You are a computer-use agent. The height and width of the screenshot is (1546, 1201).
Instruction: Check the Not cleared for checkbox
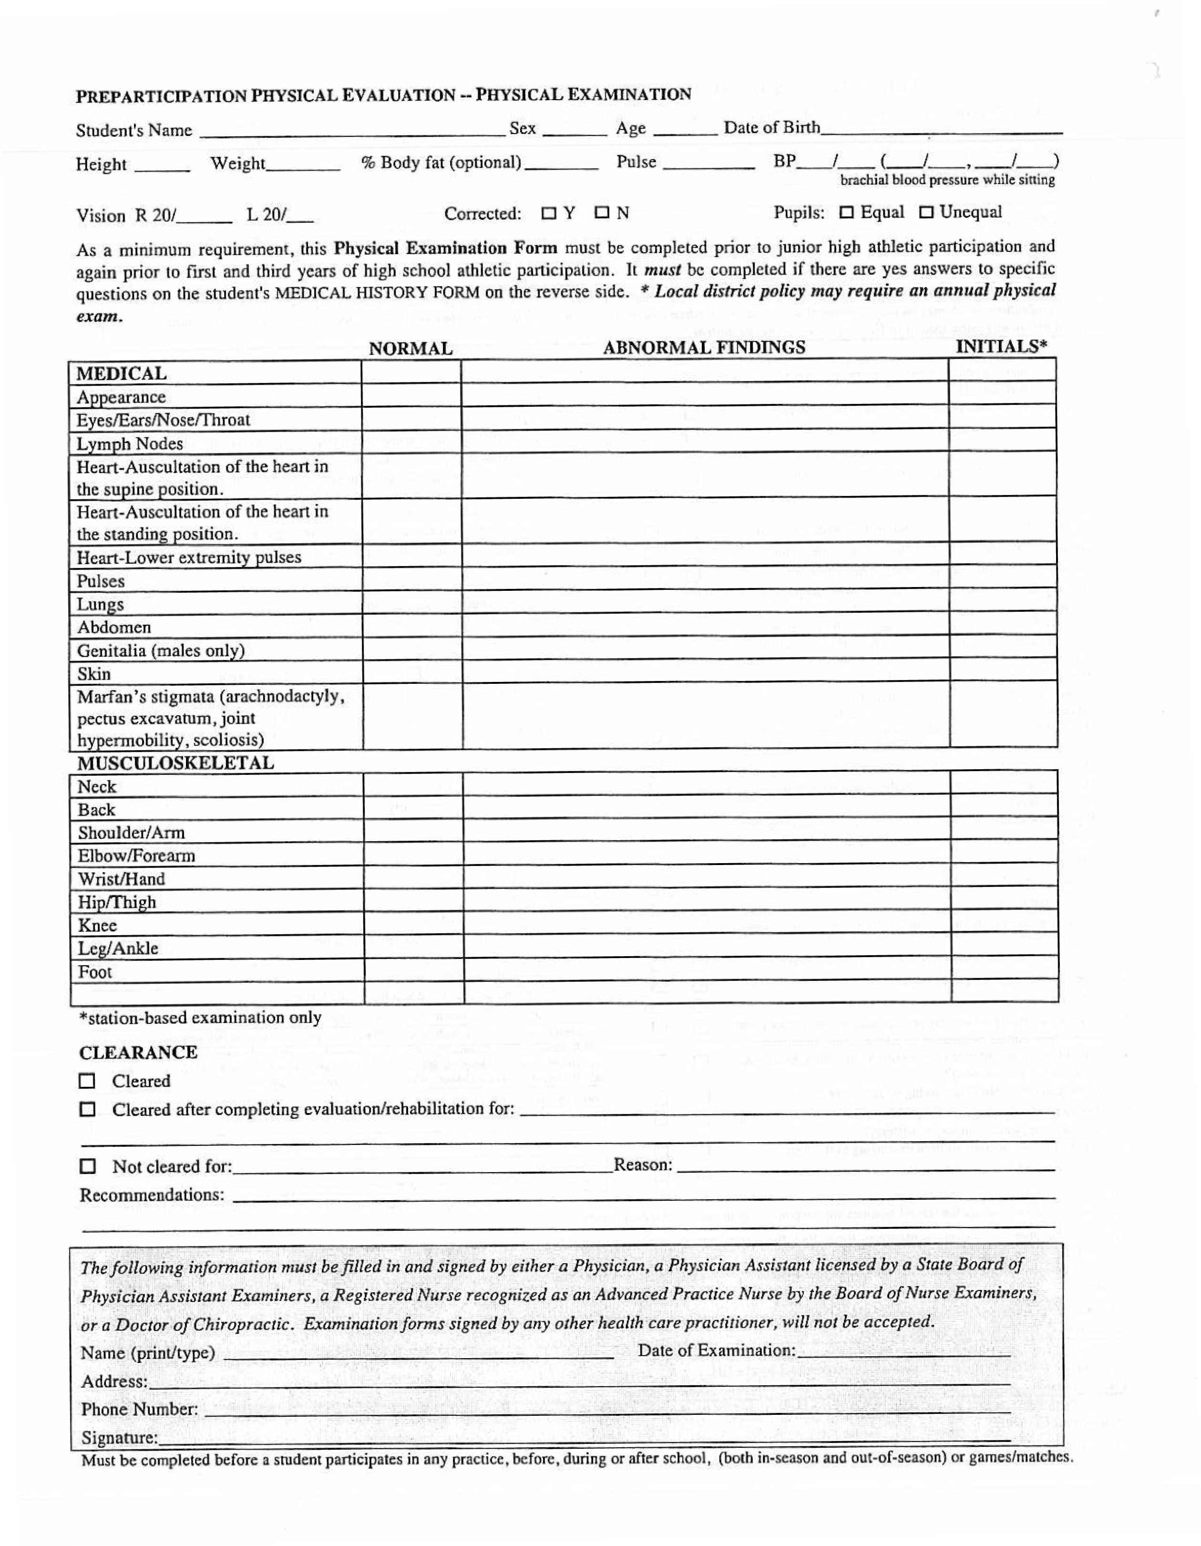pos(87,1165)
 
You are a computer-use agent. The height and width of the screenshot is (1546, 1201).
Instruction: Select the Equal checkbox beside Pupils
pos(846,212)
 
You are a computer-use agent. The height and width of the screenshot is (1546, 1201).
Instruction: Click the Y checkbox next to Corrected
pos(548,213)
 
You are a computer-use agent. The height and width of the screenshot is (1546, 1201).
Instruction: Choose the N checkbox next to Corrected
pos(602,213)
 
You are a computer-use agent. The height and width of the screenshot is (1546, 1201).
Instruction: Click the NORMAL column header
pos(411,348)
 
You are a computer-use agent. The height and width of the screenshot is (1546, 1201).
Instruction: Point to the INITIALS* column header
pos(1001,346)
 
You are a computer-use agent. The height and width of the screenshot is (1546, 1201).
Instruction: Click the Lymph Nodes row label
pos(130,444)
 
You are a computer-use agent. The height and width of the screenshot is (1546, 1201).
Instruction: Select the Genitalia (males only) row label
pos(161,650)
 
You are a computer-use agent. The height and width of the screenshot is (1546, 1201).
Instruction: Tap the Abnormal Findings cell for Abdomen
pos(705,627)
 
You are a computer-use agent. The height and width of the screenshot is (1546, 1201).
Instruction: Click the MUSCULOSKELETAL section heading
pos(175,763)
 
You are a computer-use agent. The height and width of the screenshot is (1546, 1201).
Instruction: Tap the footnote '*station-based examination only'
pos(200,1018)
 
